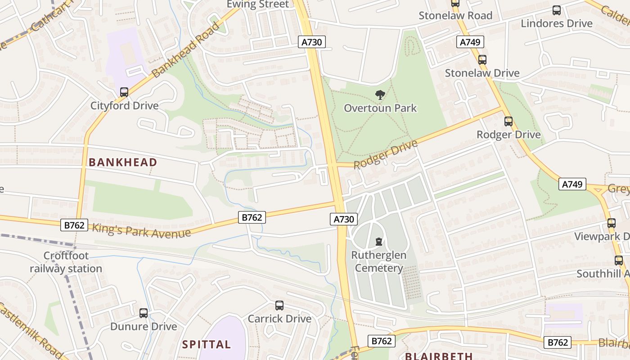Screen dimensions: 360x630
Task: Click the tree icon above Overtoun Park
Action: click(x=380, y=95)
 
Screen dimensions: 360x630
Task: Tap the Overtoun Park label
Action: click(x=380, y=108)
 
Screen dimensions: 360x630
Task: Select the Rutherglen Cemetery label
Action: click(x=378, y=261)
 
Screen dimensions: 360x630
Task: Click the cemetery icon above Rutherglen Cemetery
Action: click(x=379, y=242)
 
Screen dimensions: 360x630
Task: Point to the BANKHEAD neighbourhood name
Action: click(x=123, y=162)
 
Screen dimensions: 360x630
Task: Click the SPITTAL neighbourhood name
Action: click(x=207, y=345)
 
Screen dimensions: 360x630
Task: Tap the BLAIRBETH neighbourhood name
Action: click(x=439, y=356)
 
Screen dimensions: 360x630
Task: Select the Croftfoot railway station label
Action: click(x=66, y=262)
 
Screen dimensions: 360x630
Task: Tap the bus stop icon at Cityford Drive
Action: click(x=124, y=92)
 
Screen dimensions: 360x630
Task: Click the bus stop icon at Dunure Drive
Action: click(x=144, y=313)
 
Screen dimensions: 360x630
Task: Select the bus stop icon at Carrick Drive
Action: click(x=279, y=306)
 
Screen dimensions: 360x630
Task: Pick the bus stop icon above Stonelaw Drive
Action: click(x=482, y=59)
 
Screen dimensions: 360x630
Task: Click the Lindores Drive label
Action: click(x=557, y=23)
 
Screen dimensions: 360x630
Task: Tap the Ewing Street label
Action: click(x=258, y=4)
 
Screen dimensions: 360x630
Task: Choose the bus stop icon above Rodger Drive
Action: click(x=508, y=121)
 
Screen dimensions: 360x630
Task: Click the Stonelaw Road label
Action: click(x=455, y=15)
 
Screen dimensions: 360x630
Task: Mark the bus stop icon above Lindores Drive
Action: click(x=557, y=10)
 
